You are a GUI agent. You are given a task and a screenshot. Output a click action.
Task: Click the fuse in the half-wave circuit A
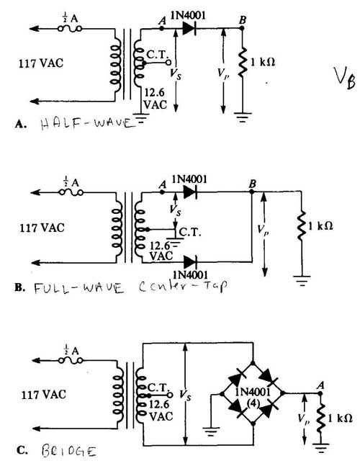(70, 29)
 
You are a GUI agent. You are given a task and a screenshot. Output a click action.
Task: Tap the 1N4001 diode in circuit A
(189, 28)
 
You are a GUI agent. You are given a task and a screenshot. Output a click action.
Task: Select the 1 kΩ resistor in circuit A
(243, 62)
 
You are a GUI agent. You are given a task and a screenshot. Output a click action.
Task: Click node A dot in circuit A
(162, 29)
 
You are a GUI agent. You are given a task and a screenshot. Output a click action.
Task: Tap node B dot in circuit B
(252, 192)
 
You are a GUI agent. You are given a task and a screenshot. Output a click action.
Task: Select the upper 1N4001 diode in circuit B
(190, 192)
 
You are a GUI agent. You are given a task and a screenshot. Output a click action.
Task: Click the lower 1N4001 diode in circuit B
(190, 262)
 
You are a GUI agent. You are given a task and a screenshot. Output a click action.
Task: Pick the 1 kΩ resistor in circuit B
(302, 226)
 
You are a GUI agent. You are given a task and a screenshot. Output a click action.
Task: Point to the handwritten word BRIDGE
(69, 451)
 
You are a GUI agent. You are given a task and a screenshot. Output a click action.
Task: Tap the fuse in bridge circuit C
(71, 360)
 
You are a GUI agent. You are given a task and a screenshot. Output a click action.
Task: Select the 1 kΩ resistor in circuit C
(320, 418)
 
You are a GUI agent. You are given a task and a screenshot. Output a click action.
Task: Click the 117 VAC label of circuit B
(42, 228)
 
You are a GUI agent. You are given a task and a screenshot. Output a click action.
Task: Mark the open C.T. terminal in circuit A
(168, 63)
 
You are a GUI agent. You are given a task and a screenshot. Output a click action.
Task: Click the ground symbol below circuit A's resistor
(243, 117)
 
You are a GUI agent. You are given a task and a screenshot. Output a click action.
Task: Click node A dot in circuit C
(320, 393)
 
